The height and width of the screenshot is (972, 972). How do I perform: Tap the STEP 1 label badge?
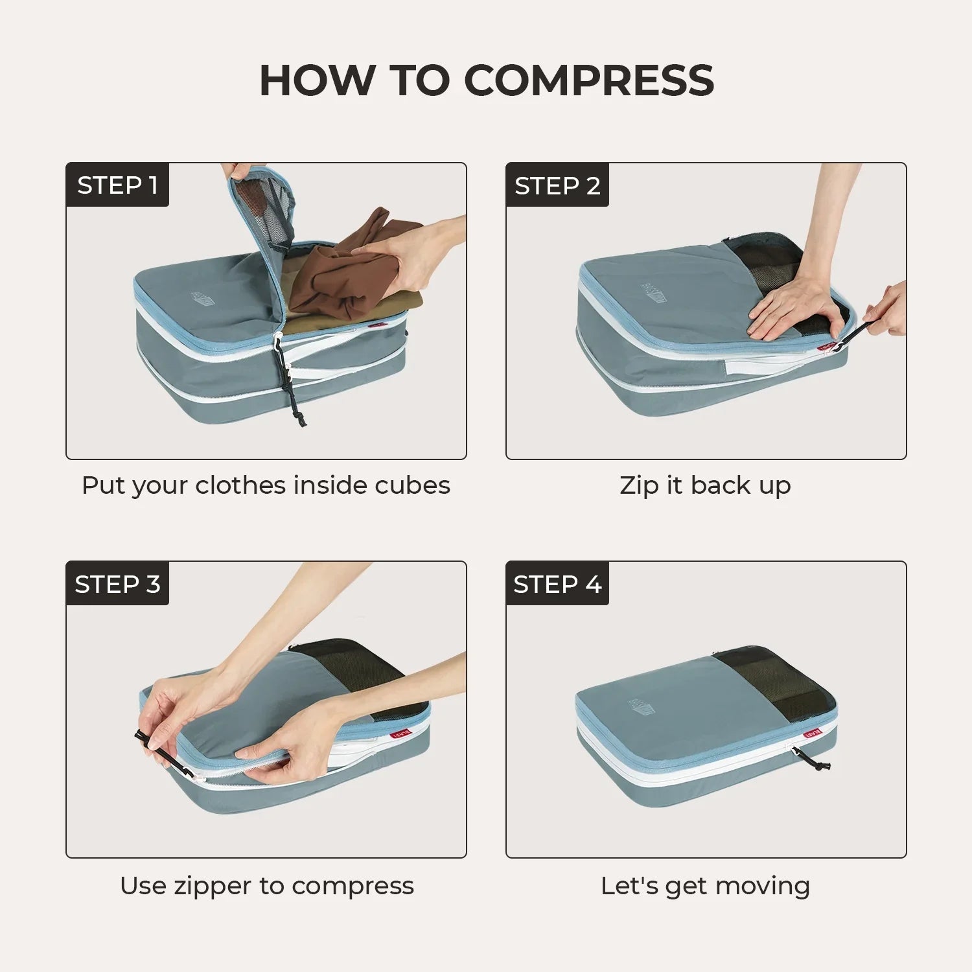(x=117, y=185)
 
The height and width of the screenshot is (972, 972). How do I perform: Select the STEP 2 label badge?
(x=557, y=185)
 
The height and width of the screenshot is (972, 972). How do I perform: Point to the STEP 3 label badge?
(x=117, y=584)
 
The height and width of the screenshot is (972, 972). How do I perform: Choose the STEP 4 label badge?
(x=557, y=584)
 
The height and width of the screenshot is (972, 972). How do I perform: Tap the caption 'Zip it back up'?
(x=705, y=485)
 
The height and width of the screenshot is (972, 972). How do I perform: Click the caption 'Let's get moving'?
(x=705, y=885)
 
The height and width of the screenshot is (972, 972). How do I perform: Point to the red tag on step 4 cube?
(x=813, y=734)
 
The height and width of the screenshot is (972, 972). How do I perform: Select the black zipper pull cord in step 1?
(x=292, y=389)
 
